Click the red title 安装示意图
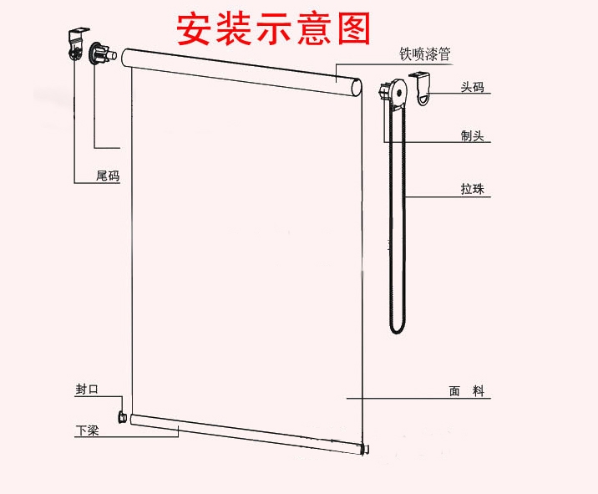coord(272,28)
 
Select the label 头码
coord(472,86)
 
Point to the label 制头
coord(472,135)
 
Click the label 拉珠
coord(472,190)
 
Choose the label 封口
coord(87,390)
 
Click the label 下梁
coord(87,430)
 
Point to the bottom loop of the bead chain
coord(397,328)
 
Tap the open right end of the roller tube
coord(357,88)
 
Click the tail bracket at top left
coord(77,43)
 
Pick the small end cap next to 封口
coord(124,415)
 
